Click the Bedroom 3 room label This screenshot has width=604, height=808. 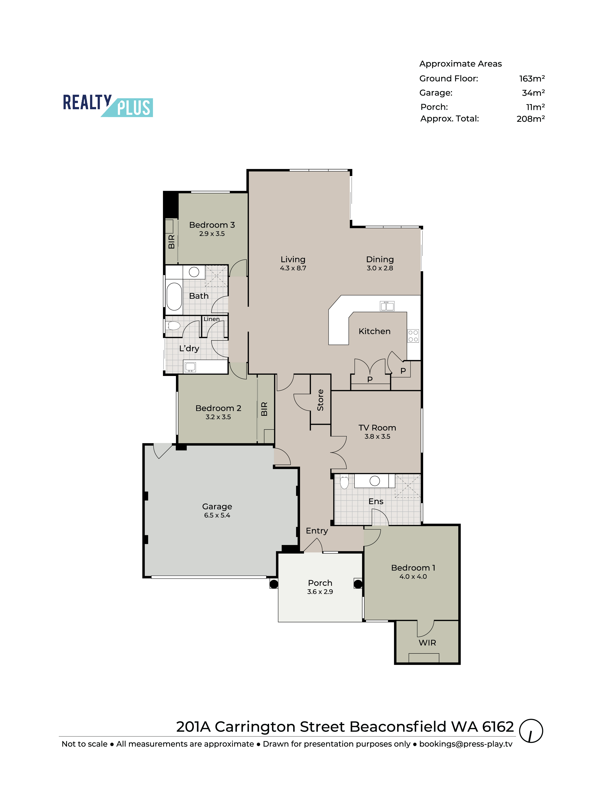[212, 225]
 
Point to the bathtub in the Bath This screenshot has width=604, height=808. [174, 296]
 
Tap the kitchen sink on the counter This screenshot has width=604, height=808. [387, 306]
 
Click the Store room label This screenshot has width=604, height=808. [320, 400]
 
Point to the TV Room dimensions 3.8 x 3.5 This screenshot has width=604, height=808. [377, 437]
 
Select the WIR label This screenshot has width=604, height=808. [427, 642]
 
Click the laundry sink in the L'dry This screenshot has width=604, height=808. [190, 367]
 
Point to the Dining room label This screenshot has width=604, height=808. [380, 259]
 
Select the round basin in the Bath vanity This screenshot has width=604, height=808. [194, 272]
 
